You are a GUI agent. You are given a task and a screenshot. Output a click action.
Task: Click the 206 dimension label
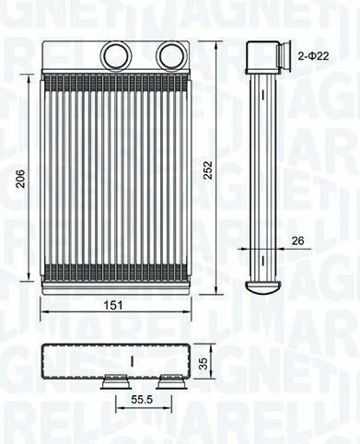tap(21, 179)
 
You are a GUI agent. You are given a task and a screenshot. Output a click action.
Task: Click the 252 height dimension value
tap(208, 170)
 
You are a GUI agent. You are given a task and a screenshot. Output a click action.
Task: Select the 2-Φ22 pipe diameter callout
tap(313, 55)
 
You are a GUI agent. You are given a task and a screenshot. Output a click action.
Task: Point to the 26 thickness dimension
tap(297, 240)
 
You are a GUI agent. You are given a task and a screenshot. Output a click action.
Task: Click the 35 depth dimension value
tap(203, 363)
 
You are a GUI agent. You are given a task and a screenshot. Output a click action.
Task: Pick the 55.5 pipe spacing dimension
tap(142, 399)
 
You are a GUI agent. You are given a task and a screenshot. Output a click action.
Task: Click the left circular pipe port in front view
tap(115, 55)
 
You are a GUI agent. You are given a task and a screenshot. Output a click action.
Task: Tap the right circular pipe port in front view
tap(171, 55)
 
